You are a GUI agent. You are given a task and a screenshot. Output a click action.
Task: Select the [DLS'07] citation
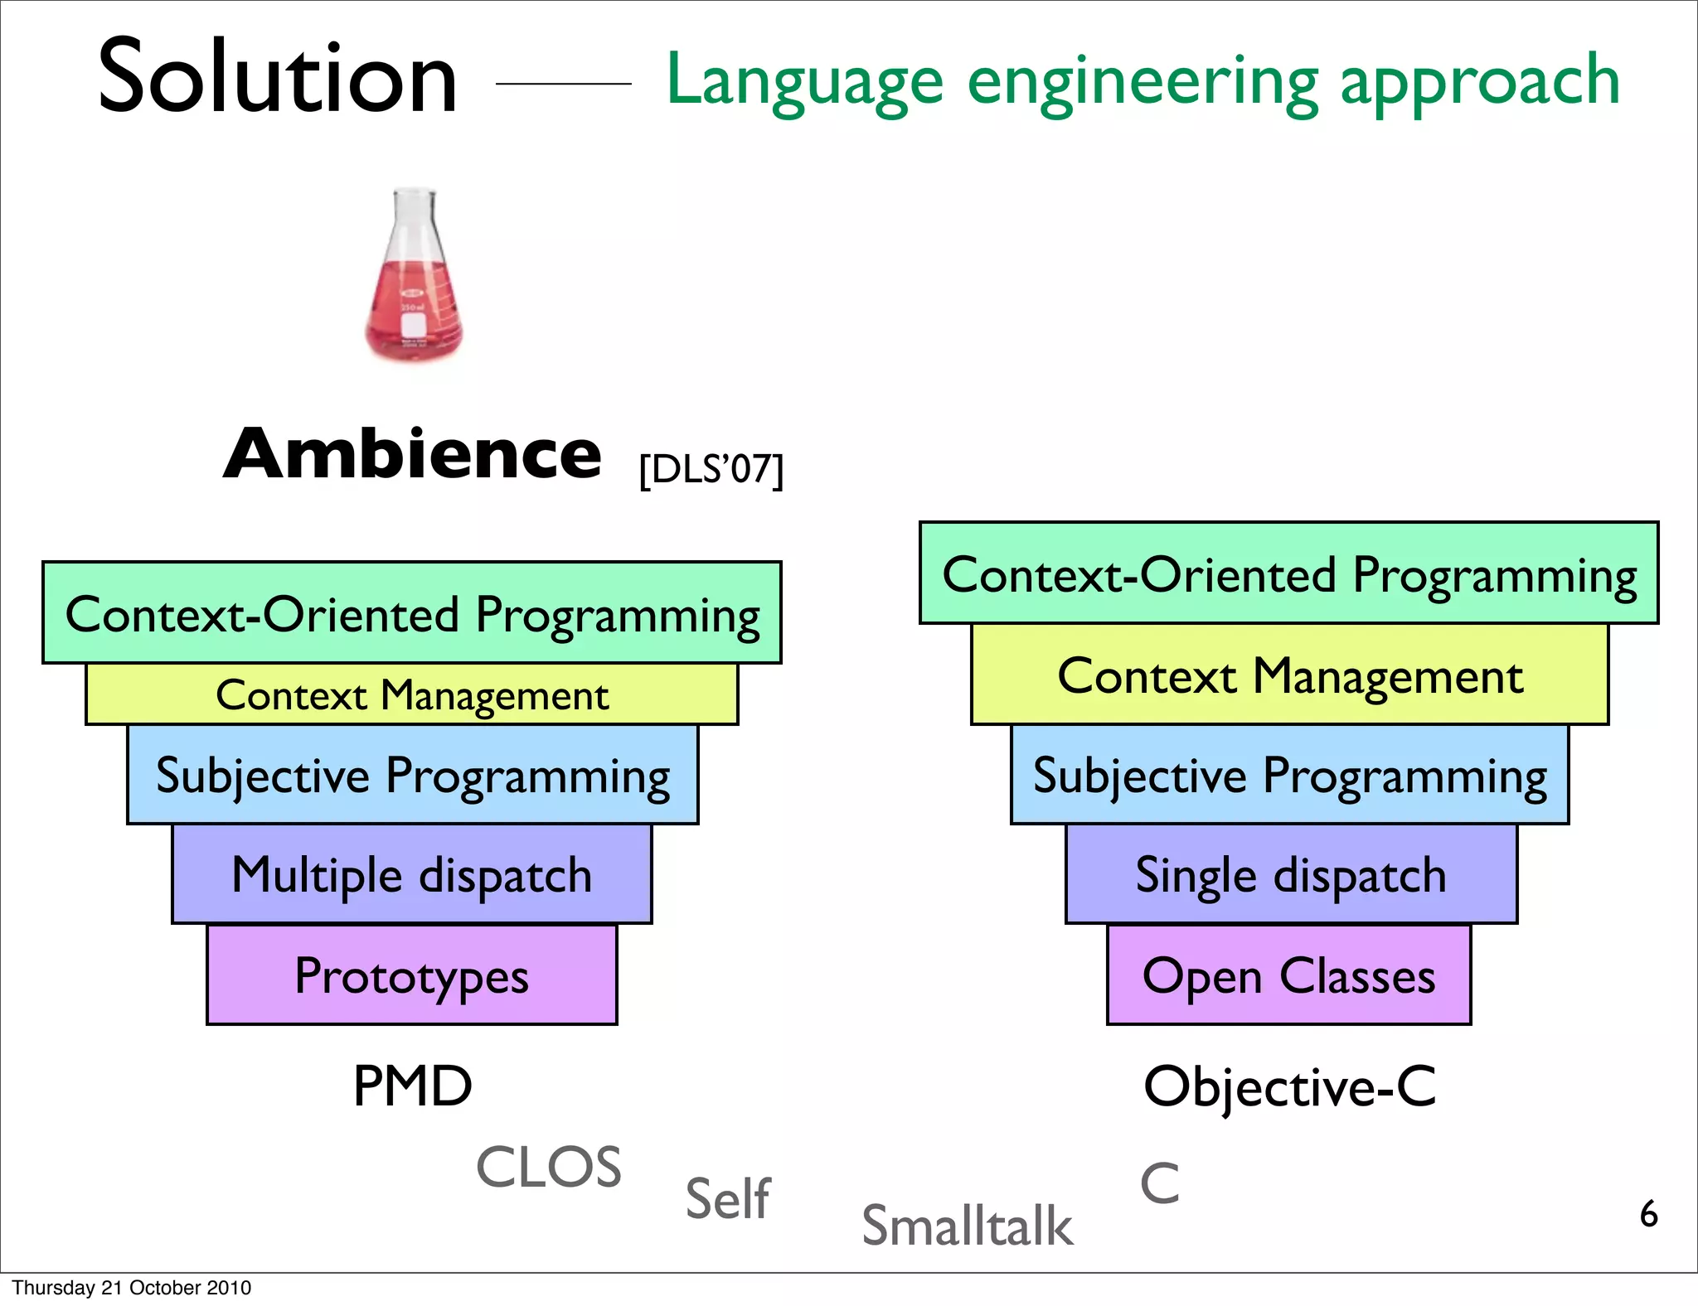[711, 470]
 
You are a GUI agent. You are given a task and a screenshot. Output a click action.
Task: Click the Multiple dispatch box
[412, 874]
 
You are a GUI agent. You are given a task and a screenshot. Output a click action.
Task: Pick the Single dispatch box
[1291, 874]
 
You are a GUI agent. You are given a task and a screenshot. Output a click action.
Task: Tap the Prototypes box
[412, 975]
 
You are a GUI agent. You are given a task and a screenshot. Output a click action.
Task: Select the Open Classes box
[1288, 975]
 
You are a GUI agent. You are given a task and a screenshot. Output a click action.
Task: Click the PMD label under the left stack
[412, 1086]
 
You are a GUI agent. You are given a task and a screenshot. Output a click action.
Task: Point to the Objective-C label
[1289, 1086]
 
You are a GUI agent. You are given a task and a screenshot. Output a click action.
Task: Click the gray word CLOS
[548, 1168]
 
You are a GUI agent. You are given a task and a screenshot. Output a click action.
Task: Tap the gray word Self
[728, 1198]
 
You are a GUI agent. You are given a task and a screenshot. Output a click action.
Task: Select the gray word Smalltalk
[967, 1226]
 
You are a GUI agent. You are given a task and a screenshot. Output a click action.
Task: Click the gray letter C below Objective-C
[1159, 1183]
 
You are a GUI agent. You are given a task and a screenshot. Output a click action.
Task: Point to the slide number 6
[1648, 1214]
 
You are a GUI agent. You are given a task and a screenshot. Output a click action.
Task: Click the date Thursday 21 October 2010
[131, 1288]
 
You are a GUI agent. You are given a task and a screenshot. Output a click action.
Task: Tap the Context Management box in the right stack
[1289, 675]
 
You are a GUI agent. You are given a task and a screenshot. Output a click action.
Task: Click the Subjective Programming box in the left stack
[412, 776]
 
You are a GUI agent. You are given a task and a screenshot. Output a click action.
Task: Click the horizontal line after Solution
[563, 84]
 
